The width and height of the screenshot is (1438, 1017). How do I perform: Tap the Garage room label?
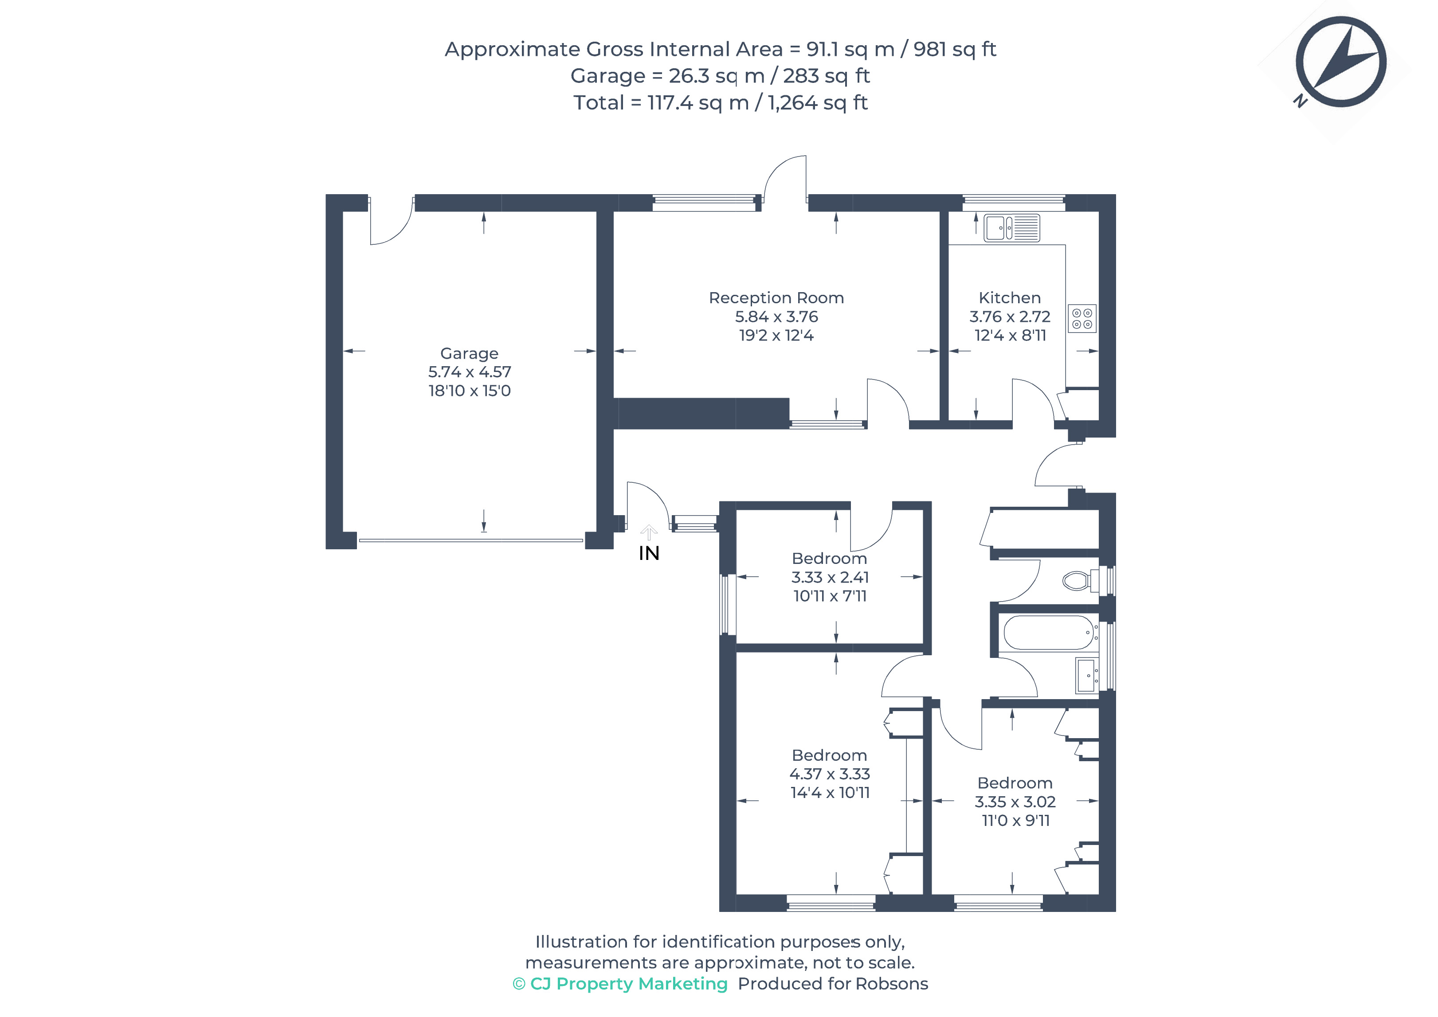pos(469,353)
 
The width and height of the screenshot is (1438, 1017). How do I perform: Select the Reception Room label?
pos(776,298)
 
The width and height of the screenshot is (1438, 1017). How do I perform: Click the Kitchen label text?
pos(1010,298)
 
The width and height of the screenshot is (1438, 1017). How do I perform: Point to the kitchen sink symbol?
pos(1011,228)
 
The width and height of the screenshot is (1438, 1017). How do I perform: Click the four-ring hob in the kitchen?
pos(1081,318)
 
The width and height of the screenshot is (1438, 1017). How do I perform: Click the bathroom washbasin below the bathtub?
pos(1087,676)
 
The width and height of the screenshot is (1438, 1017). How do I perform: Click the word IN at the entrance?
pos(649,554)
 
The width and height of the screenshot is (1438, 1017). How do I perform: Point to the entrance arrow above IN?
pos(649,532)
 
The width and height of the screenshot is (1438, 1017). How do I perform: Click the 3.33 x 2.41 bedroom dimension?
pos(830,577)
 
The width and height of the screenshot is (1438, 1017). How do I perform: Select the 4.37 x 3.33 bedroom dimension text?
pos(830,774)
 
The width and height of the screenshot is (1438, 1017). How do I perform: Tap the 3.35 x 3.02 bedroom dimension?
pos(1015,802)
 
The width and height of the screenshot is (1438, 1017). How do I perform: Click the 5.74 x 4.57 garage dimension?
pos(470,372)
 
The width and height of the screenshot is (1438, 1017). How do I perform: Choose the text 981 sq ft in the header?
pos(955,50)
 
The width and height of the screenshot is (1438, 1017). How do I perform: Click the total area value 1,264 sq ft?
pos(818,103)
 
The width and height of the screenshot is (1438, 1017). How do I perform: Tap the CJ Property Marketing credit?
pos(620,984)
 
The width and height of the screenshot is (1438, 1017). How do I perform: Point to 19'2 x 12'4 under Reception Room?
pos(776,336)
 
